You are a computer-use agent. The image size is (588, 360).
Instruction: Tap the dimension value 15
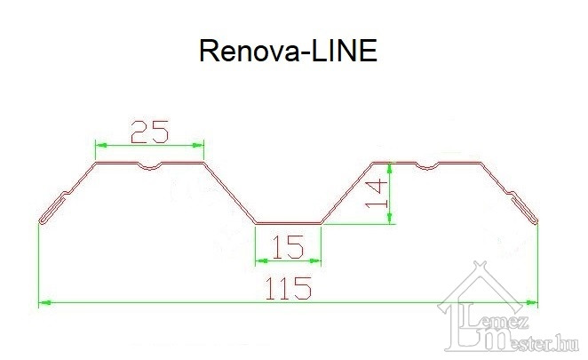289,246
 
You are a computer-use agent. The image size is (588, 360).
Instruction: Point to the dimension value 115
288,288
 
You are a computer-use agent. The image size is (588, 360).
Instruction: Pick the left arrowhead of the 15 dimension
259,260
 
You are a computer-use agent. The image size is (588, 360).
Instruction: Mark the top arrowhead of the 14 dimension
393,167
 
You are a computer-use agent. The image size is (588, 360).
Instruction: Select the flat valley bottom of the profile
288,223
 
